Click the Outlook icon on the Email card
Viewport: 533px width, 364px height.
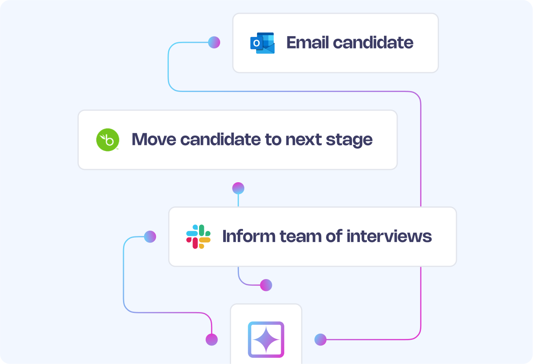pos(262,43)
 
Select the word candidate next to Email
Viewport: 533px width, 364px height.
pos(373,43)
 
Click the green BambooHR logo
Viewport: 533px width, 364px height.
pos(108,140)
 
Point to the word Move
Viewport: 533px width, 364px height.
pos(154,140)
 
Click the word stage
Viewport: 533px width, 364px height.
pos(349,140)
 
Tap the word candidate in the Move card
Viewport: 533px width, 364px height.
pos(221,140)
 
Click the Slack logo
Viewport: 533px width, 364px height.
pos(198,237)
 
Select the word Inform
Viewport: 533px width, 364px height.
pos(249,236)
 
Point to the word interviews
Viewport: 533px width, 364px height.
pos(389,236)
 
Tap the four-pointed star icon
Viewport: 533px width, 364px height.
pos(266,339)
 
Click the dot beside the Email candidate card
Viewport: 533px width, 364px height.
pos(214,42)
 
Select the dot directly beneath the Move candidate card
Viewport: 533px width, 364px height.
pos(238,188)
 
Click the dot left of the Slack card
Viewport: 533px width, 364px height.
pos(150,237)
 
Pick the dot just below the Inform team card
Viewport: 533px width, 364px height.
pos(266,285)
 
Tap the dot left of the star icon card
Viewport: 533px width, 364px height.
pos(211,339)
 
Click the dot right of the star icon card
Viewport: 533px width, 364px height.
pos(320,339)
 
